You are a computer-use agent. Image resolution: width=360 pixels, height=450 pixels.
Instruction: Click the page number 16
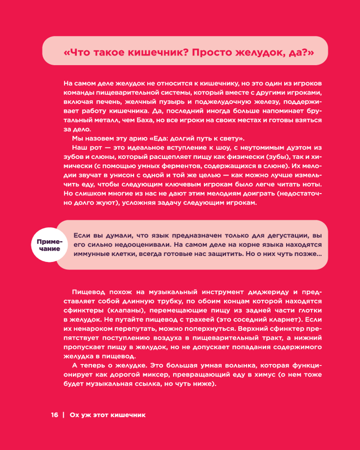pos(54,414)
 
